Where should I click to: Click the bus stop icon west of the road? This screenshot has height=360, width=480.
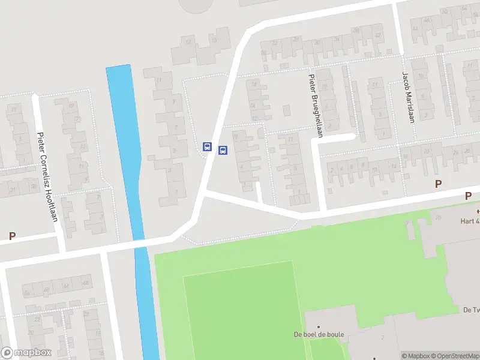(208, 146)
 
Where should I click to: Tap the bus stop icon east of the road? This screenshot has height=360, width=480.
(223, 150)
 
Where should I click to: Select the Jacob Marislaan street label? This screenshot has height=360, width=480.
(409, 97)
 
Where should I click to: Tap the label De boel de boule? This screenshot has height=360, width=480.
(318, 335)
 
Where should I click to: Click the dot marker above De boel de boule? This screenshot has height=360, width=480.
(318, 327)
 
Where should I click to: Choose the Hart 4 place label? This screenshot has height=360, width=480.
(470, 221)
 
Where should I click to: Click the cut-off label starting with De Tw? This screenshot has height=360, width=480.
(471, 310)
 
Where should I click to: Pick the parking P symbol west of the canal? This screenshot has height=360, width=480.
(12, 236)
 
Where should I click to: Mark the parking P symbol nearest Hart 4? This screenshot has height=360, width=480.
(468, 196)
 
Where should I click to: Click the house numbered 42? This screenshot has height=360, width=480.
(377, 35)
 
